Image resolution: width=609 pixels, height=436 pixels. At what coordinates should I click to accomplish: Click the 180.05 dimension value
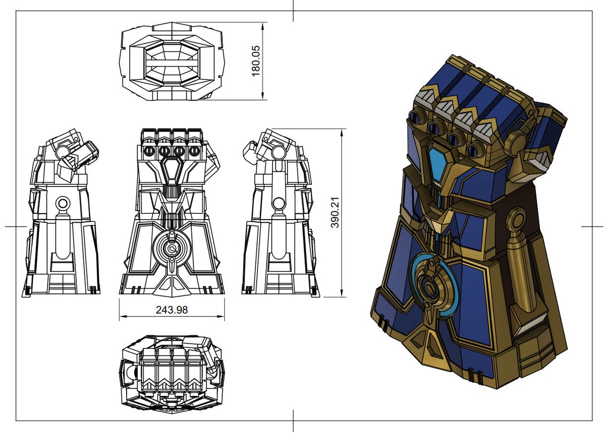256,60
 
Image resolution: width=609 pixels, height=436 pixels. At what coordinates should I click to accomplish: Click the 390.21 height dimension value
335,213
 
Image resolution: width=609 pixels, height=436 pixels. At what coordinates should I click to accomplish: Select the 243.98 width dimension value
171,309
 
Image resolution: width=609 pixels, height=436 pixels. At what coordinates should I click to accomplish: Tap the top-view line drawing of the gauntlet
171,61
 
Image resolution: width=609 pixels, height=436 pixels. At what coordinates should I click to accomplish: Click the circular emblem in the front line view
171,247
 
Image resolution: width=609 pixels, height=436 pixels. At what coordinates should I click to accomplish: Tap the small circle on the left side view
63,203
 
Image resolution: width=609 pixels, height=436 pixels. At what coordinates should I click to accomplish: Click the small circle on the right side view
279,203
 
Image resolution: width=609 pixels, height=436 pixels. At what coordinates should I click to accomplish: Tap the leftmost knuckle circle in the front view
150,151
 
